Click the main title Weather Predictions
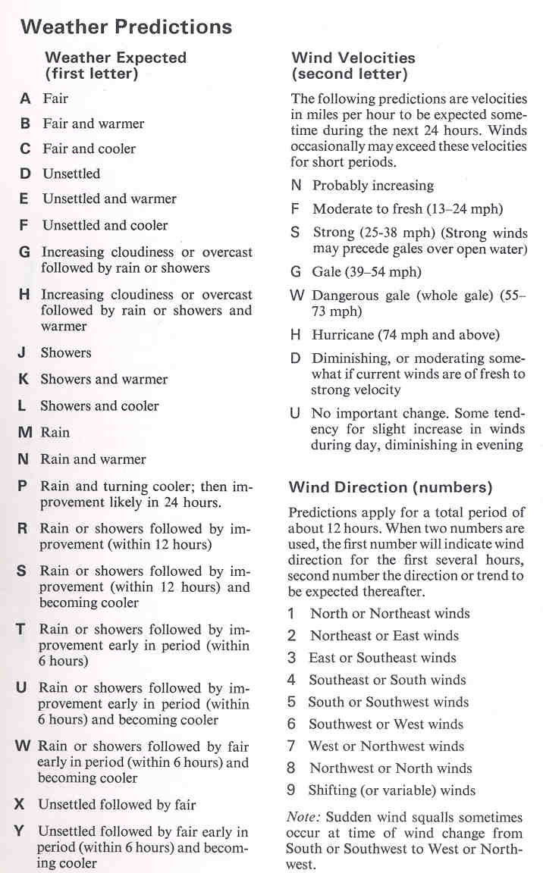126,27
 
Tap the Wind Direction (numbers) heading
390,487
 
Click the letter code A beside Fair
26,99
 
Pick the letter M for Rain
26,433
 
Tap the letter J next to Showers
24,353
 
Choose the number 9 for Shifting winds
291,790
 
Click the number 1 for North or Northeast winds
292,614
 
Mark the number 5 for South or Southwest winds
291,702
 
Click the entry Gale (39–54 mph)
366,272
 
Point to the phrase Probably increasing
373,186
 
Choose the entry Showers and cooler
99,406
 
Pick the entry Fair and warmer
93,124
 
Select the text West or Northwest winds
386,746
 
